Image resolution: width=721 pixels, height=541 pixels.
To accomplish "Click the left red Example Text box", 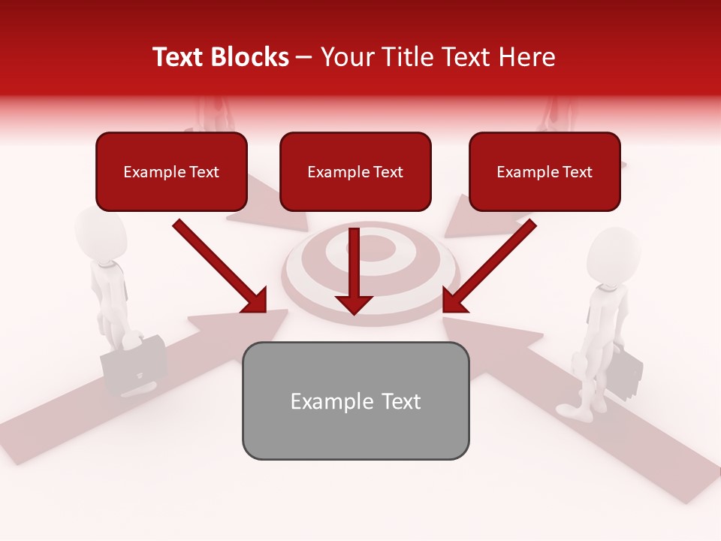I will pos(171,172).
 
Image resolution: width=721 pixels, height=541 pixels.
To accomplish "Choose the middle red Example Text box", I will pos(355,172).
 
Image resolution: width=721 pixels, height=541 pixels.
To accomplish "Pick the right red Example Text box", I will pos(545,172).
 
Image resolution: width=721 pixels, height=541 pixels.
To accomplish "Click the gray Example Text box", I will pos(355,401).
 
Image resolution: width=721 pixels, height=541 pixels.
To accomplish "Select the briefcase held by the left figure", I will pos(135,364).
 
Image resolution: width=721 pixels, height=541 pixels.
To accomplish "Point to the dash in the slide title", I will pos(304,57).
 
